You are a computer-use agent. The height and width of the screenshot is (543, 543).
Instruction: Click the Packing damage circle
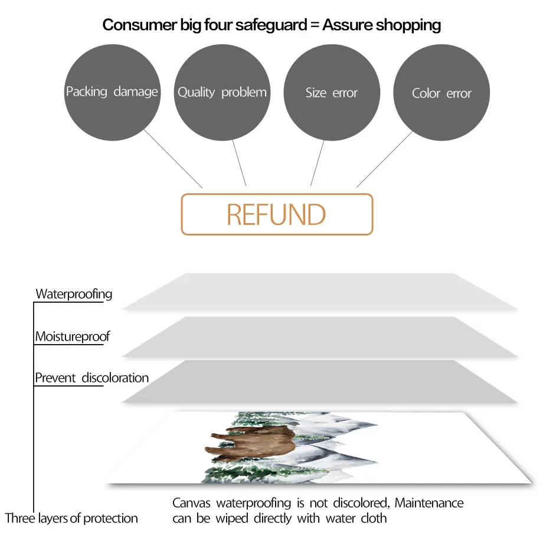pos(112,92)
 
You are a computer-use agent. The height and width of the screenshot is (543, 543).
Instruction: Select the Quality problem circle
pos(222,92)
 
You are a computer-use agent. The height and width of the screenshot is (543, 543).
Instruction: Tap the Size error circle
pos(332,92)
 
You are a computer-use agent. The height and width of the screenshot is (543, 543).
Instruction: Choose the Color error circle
pos(441,93)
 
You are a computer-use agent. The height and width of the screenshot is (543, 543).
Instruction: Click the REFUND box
pos(277,215)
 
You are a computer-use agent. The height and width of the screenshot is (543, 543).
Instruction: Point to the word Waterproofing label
pos(74,294)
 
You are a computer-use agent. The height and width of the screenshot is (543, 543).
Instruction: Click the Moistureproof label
pos(73,337)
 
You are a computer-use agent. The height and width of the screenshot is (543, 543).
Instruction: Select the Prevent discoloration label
pos(92,378)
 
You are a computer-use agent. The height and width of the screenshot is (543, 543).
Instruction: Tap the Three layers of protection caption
pos(71,519)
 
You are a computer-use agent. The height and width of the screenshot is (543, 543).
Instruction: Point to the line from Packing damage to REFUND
pos(172,158)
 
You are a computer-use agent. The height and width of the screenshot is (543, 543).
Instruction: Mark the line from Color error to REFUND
pos(385,159)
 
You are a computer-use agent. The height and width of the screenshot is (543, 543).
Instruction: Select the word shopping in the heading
pos(408,25)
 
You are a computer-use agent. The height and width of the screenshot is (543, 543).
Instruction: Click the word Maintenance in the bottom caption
pos(429,503)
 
